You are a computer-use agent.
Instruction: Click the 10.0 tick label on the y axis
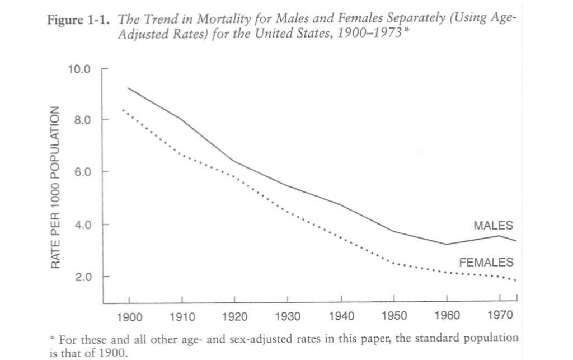coord(78,69)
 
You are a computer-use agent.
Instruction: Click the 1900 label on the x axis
coord(129,316)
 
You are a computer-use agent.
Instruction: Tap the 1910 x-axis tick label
coord(182,316)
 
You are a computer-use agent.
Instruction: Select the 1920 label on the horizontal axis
coord(235,316)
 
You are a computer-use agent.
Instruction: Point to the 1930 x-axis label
coord(288,316)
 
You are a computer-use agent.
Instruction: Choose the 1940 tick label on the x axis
coord(341,316)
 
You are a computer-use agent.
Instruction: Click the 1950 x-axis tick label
coord(394,316)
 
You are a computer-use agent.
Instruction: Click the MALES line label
coord(493,226)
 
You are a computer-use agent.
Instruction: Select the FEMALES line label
coord(486,262)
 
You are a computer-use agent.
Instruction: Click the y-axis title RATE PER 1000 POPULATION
coord(55,186)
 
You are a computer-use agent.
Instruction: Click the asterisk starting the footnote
coord(53,338)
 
